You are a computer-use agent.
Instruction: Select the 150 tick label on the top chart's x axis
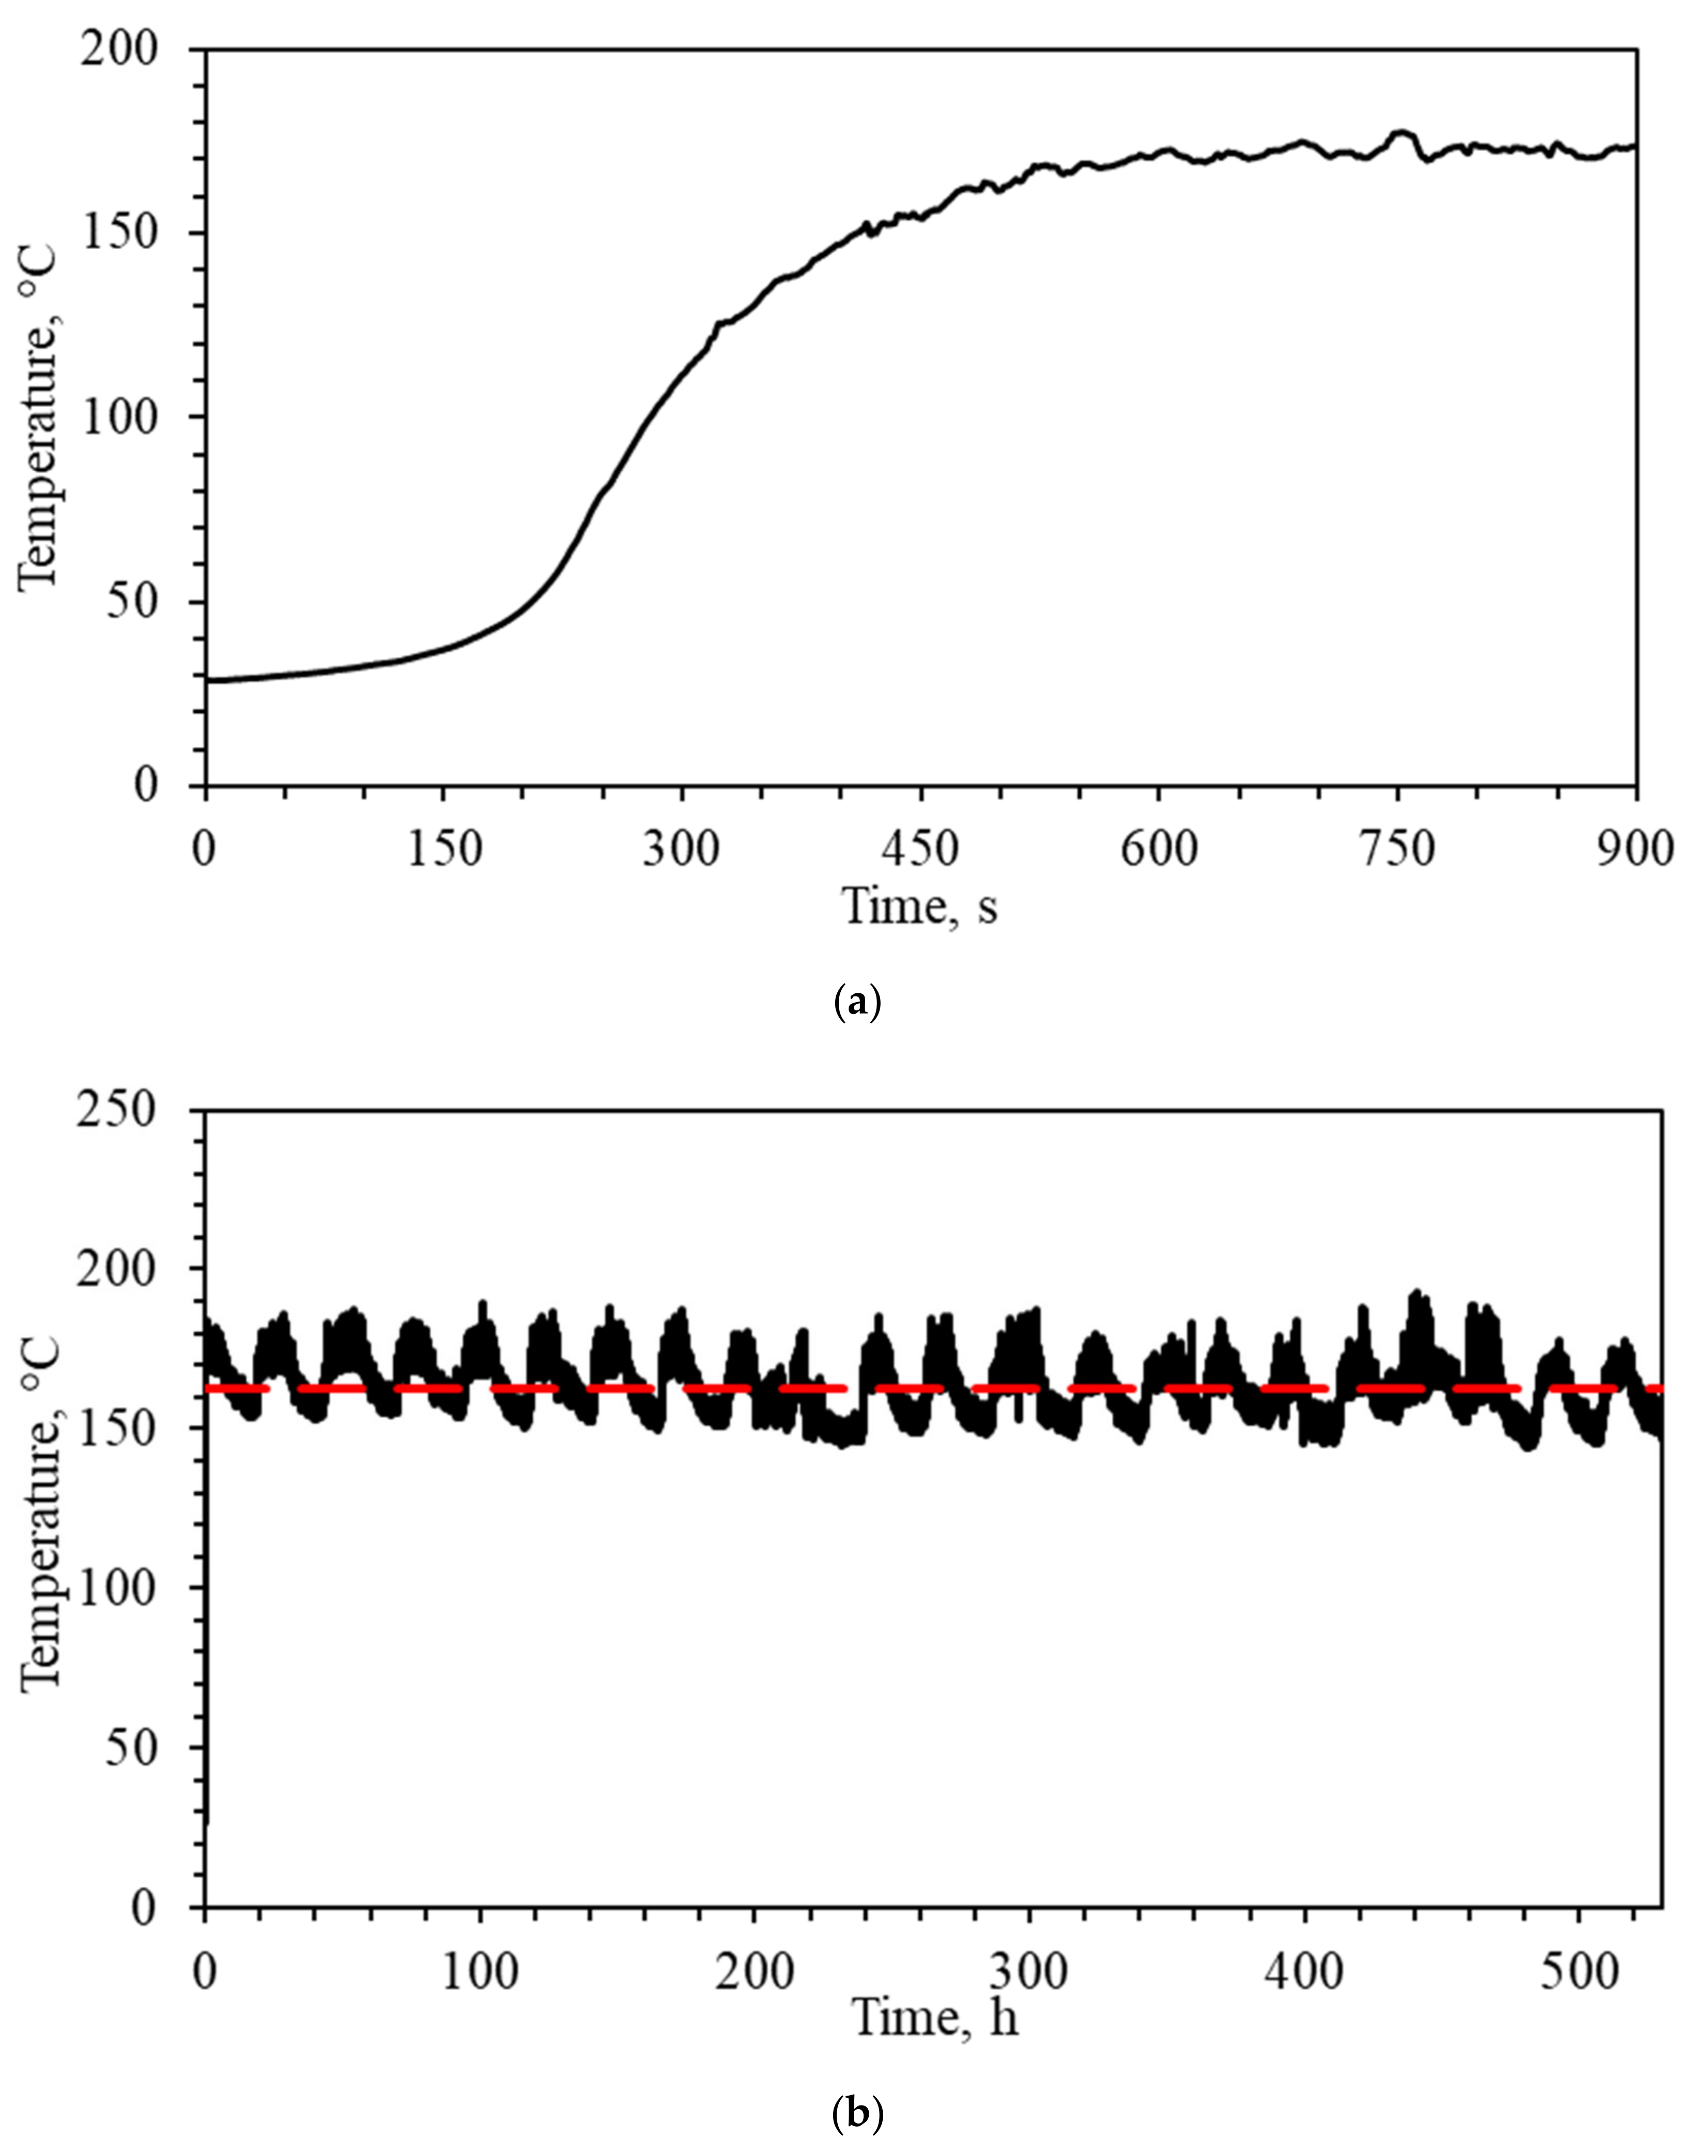(445, 850)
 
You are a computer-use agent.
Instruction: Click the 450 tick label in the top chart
(921, 850)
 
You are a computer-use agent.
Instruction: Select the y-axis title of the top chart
(40, 417)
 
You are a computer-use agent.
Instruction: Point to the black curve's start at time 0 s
(208, 680)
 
